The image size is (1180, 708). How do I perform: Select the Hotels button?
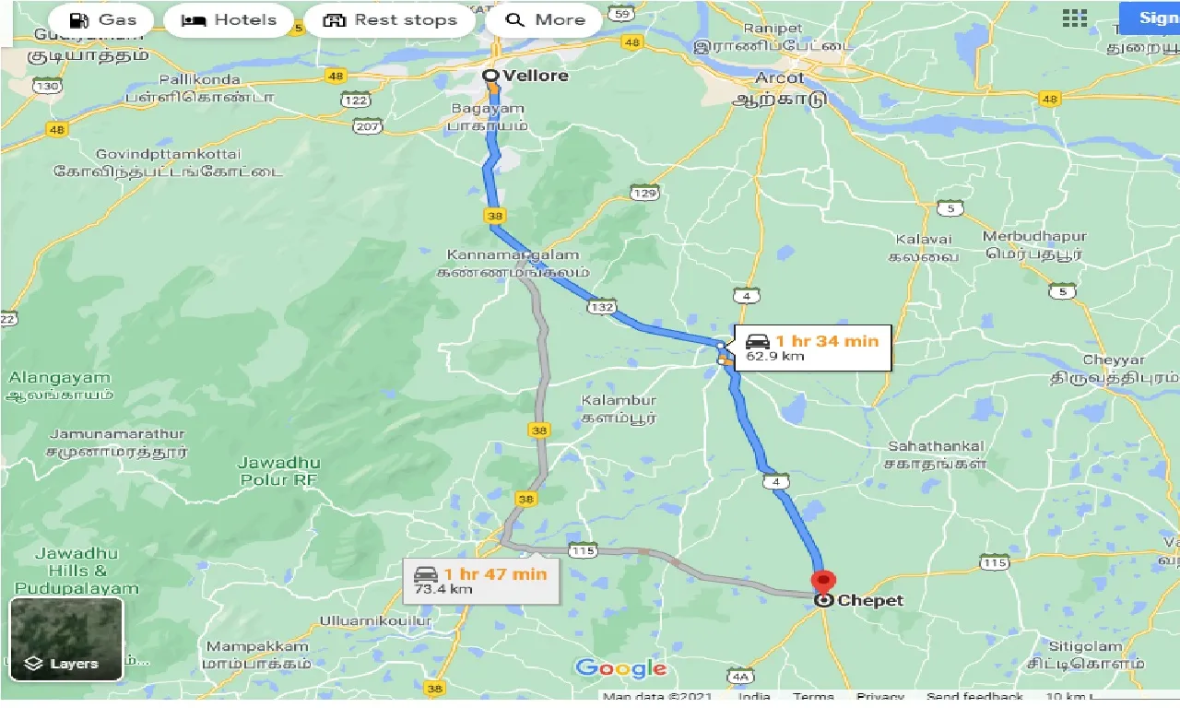[229, 19]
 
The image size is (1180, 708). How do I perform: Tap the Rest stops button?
[391, 19]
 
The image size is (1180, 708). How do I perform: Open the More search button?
[544, 19]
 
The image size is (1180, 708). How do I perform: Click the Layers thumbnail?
[66, 639]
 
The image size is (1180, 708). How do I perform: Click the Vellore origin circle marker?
[491, 76]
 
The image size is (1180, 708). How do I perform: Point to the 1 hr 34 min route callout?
[811, 347]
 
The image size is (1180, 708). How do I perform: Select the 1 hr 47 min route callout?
[481, 580]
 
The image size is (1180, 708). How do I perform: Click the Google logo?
[620, 668]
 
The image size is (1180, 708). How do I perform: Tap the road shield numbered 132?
[604, 307]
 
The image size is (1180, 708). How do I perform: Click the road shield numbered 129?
[645, 192]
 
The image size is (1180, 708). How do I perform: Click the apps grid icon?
[1074, 18]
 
